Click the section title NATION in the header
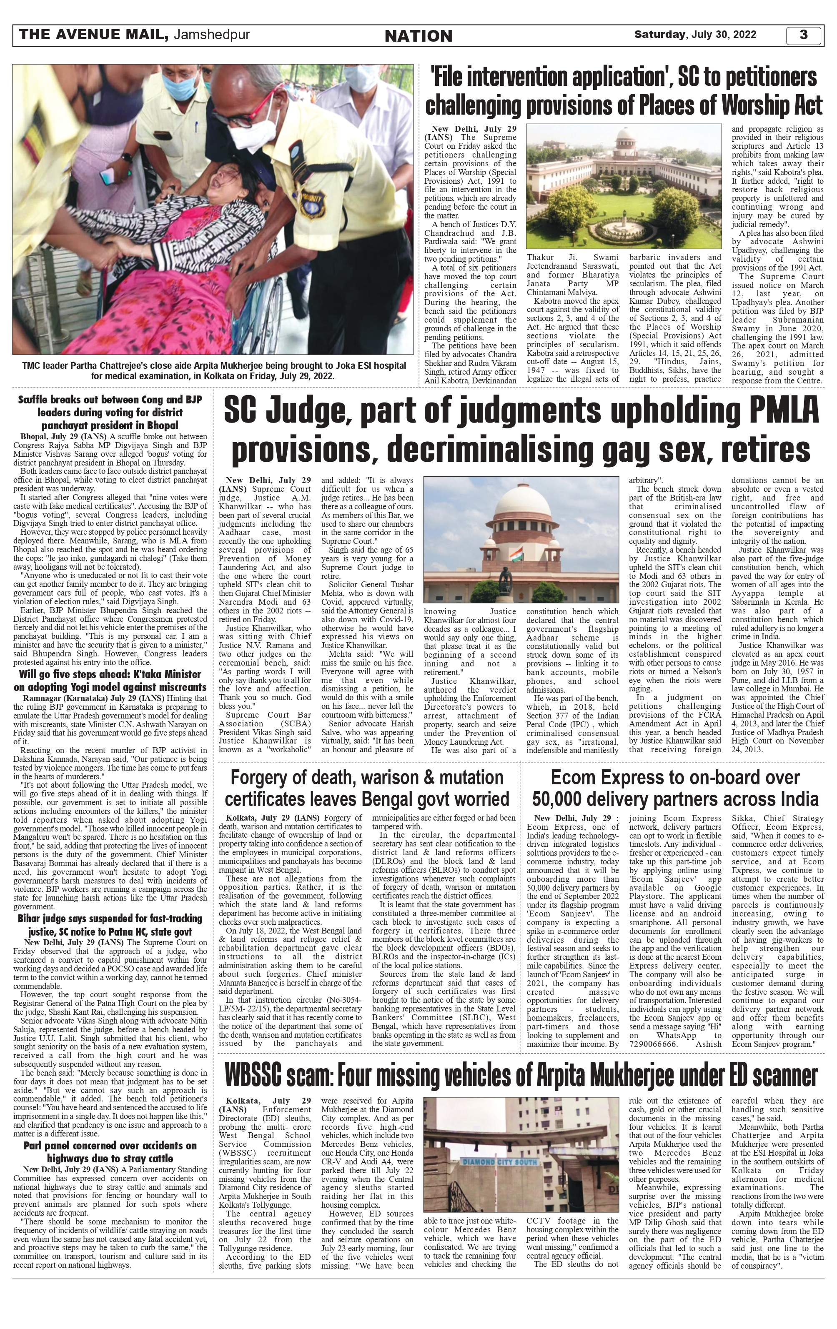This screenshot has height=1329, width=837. point(418,36)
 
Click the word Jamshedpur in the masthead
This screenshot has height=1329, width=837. point(212,35)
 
